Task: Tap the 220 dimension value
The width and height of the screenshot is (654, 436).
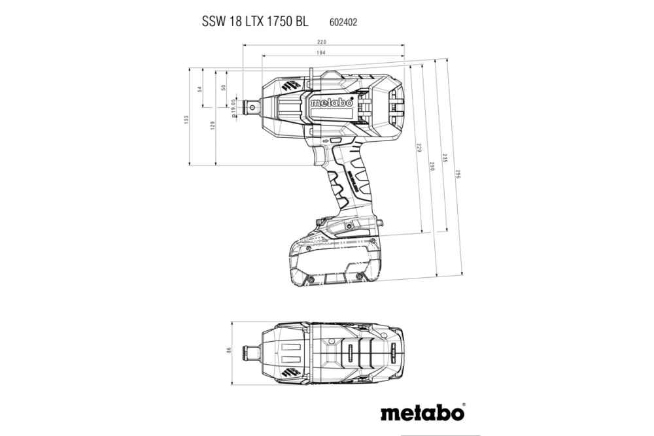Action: [322, 42]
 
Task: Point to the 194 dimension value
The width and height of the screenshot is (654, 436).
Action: [322, 52]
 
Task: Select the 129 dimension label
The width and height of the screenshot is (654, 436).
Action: [213, 126]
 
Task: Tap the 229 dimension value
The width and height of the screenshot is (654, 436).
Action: [419, 149]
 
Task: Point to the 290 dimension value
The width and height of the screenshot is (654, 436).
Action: [432, 166]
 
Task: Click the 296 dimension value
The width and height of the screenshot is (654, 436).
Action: [458, 176]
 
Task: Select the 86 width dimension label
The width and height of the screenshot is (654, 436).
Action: [229, 350]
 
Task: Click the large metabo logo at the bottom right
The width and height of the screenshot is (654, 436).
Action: [422, 413]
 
